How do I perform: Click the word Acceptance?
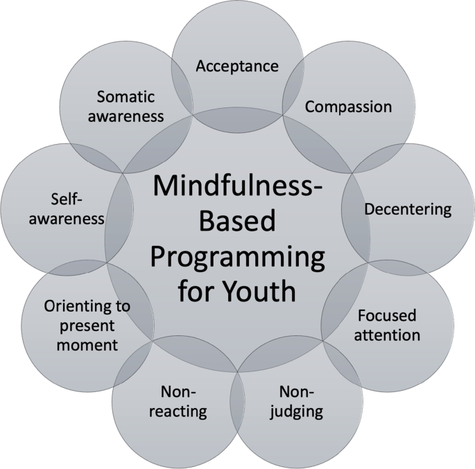(237, 66)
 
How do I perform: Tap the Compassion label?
(348, 107)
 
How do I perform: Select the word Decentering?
(408, 209)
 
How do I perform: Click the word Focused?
(387, 316)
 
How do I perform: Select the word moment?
(87, 344)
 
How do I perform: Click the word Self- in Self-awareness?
(66, 199)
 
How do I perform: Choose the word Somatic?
(126, 96)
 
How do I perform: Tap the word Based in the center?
(238, 222)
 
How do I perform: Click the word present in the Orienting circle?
(87, 325)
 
